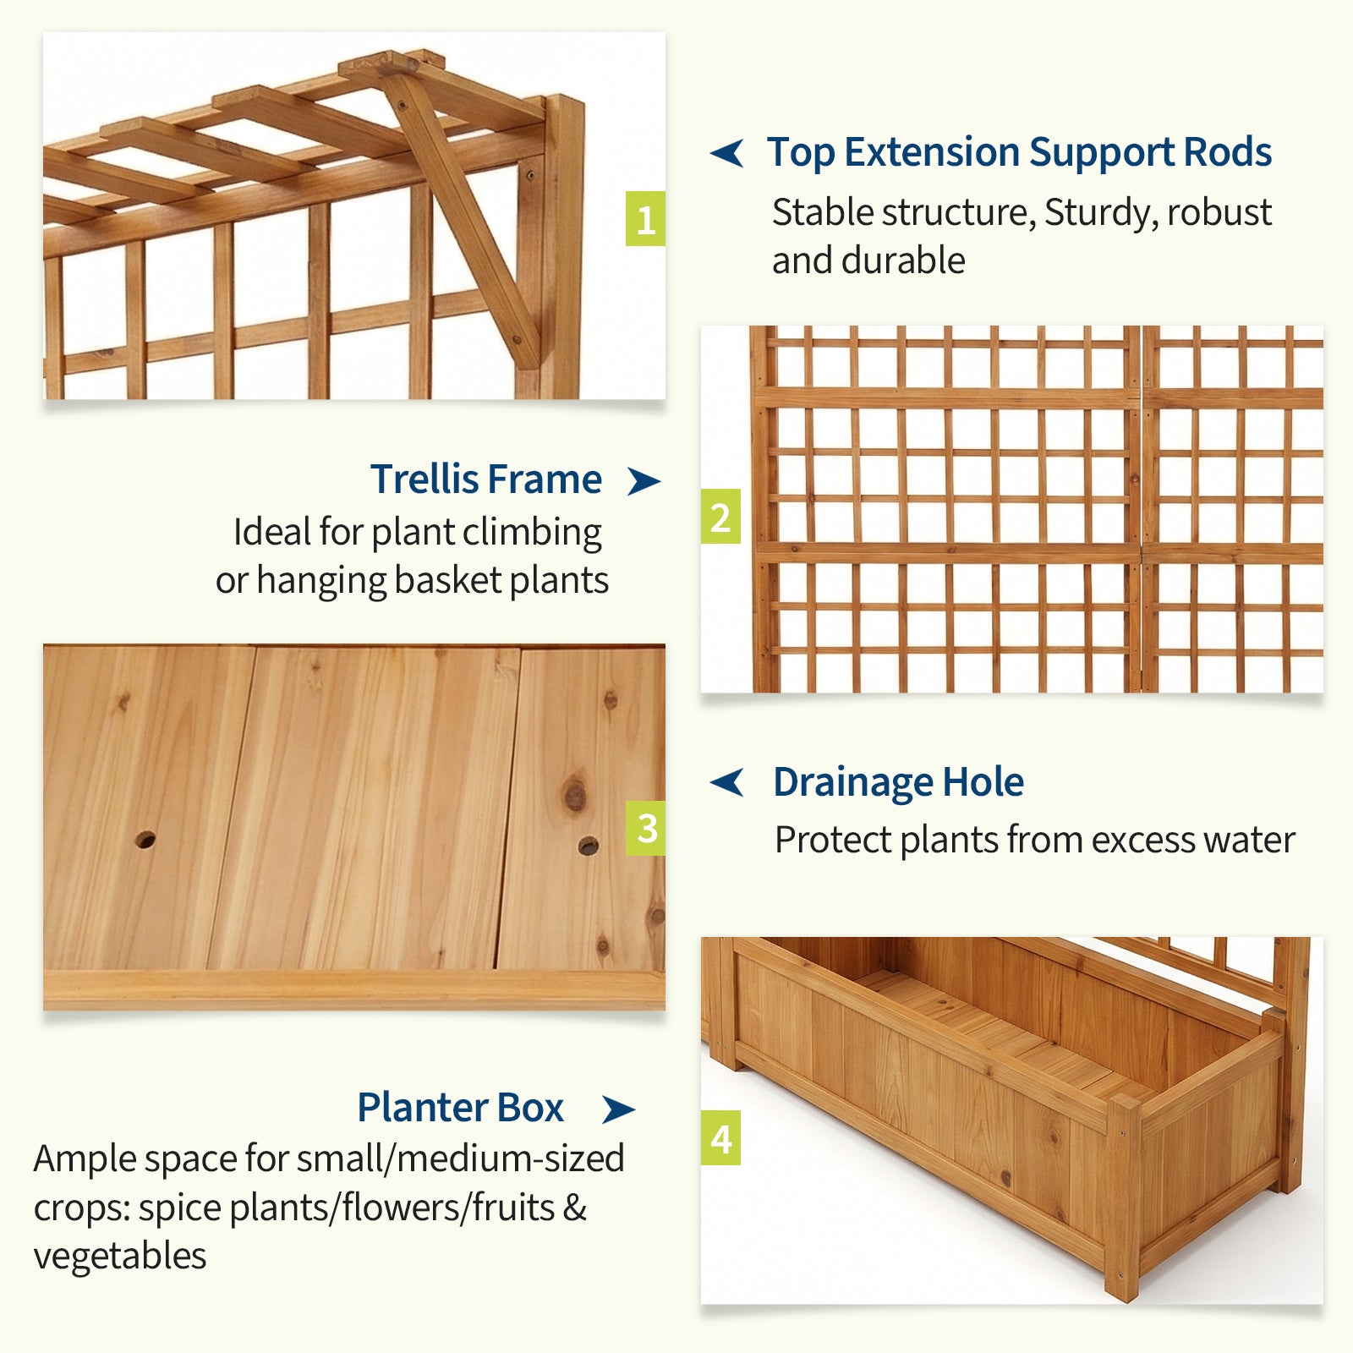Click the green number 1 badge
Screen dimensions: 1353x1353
[x=645, y=219]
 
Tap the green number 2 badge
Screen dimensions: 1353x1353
[x=720, y=517]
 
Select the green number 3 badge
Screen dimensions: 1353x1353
[x=645, y=828]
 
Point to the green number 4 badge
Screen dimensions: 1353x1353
[x=720, y=1138]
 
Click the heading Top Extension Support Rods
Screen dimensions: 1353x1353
[x=1019, y=153]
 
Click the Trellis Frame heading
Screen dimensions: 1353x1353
[x=486, y=479]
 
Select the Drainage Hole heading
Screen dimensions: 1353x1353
[x=898, y=782]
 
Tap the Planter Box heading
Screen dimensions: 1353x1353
[x=460, y=1107]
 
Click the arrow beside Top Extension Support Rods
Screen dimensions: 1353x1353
[x=727, y=153]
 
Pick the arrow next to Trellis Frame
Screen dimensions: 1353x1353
[x=644, y=480]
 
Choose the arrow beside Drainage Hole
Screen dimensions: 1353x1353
[x=727, y=782]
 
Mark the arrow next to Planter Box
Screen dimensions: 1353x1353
[x=618, y=1109]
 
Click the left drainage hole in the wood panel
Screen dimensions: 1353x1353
[x=145, y=840]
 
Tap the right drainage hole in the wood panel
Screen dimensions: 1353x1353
[x=589, y=846]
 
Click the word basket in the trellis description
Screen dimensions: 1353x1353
[x=448, y=580]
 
